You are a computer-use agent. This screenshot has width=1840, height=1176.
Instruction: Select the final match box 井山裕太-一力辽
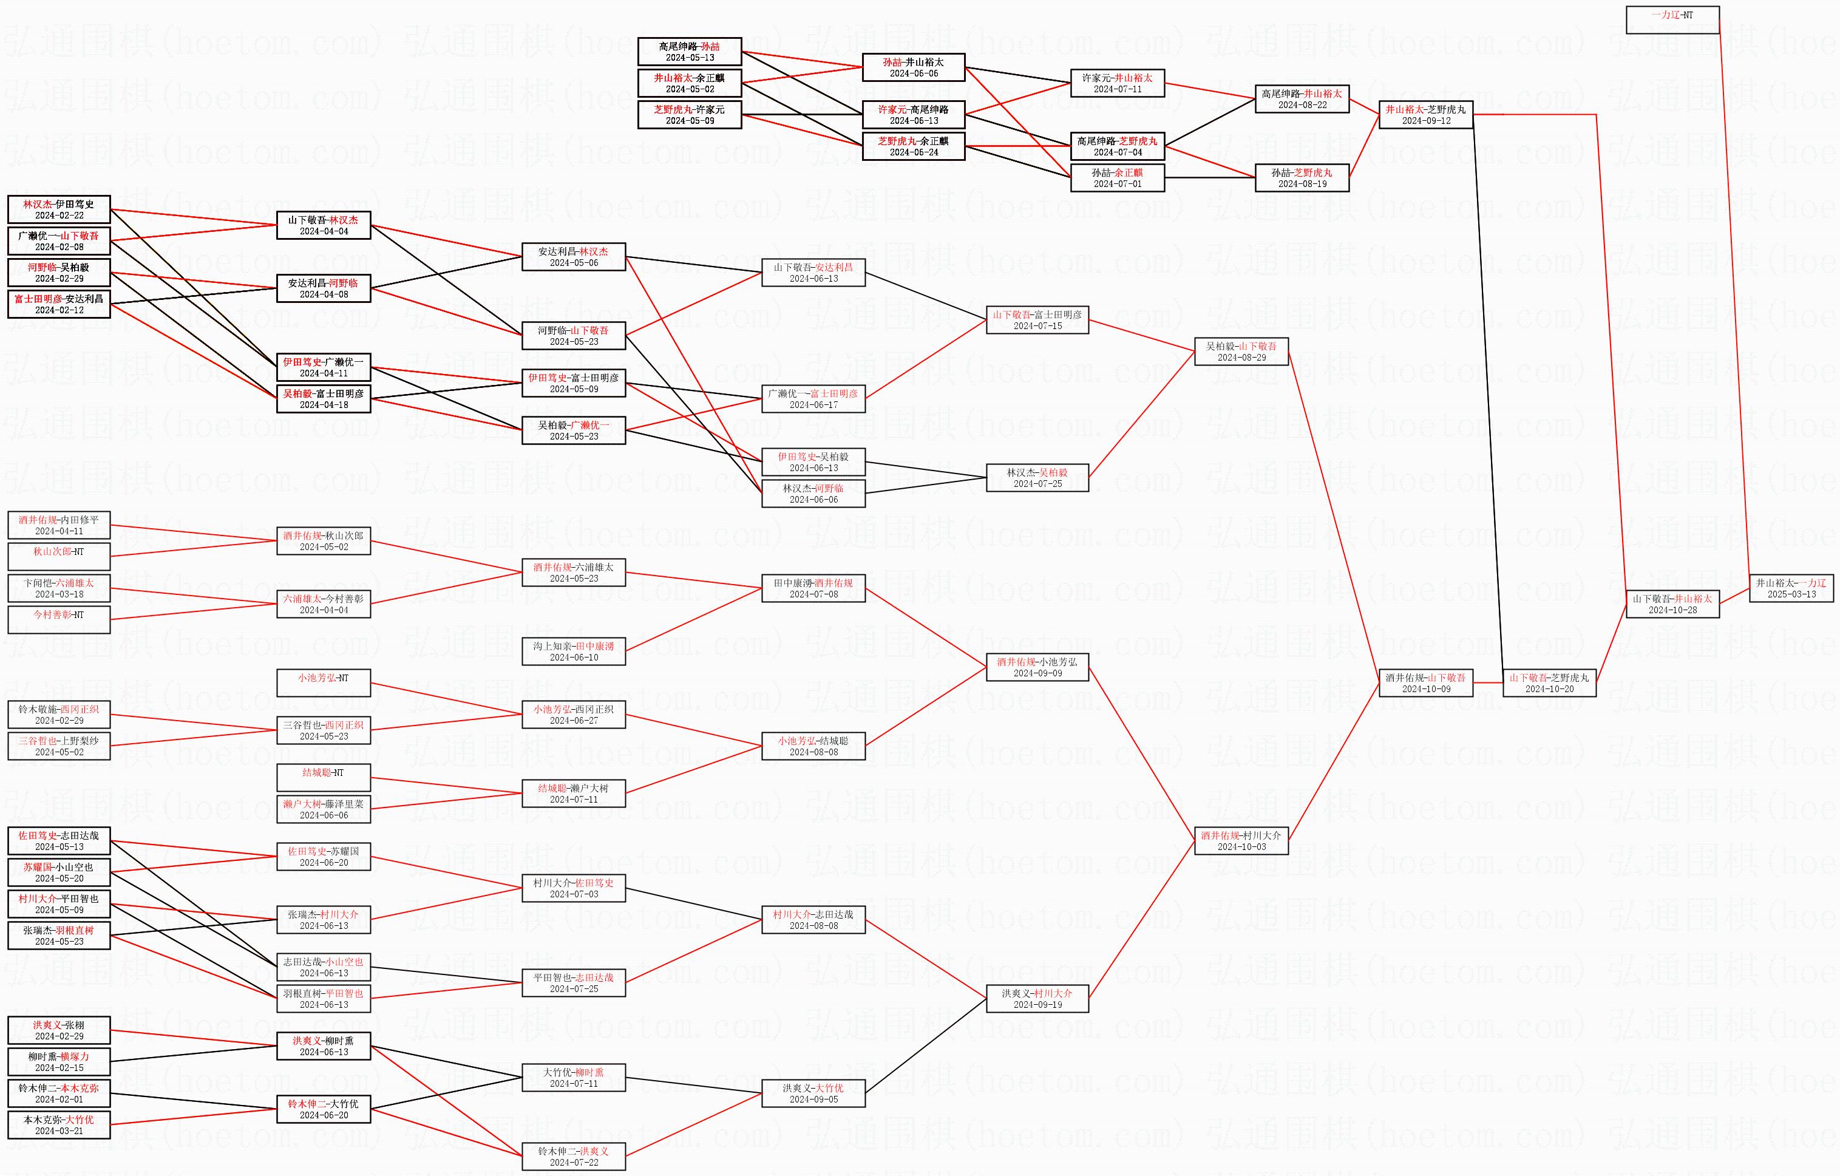tap(1790, 588)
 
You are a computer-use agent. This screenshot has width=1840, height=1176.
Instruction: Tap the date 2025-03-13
tap(1790, 594)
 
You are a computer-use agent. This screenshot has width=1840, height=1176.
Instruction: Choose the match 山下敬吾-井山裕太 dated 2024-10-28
tap(1672, 603)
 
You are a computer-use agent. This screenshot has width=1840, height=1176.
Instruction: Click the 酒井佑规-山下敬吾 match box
tap(1426, 682)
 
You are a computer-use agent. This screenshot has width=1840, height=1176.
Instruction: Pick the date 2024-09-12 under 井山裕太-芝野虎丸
tap(1426, 121)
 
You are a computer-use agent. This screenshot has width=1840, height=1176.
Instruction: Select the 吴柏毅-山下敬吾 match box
tap(1241, 352)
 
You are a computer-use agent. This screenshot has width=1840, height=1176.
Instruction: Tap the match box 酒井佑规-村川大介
tap(1241, 840)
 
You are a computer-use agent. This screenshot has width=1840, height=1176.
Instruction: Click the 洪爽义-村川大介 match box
tap(1037, 999)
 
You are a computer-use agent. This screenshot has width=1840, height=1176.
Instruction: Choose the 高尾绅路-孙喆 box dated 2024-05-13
tap(689, 51)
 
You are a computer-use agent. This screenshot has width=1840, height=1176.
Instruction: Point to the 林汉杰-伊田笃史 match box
tap(59, 209)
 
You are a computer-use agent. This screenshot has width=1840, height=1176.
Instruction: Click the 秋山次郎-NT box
tap(59, 556)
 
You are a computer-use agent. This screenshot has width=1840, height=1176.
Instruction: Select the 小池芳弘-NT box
tap(323, 682)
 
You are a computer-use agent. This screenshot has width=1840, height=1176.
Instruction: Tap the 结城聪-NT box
tap(323, 777)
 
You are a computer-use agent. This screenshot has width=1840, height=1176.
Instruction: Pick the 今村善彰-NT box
tap(59, 619)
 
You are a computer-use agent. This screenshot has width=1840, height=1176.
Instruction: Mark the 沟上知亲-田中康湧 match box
tap(573, 651)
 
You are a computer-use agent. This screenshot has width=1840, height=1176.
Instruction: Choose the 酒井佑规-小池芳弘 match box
tap(1037, 667)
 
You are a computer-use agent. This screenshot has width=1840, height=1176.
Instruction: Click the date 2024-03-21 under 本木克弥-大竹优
tap(59, 1131)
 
